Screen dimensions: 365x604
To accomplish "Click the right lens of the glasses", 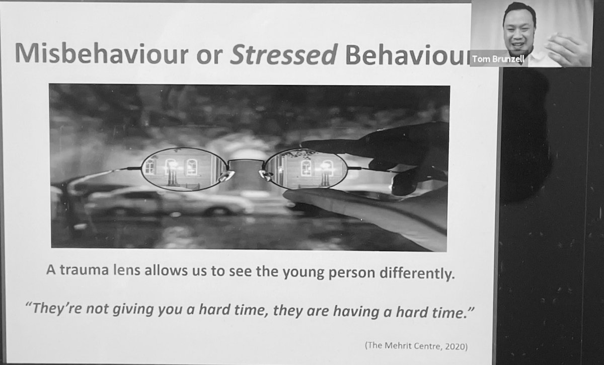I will click(306, 169).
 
